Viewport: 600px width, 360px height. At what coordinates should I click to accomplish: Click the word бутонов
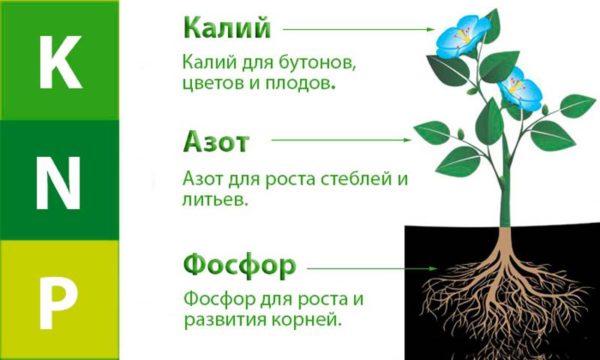coord(320,63)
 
